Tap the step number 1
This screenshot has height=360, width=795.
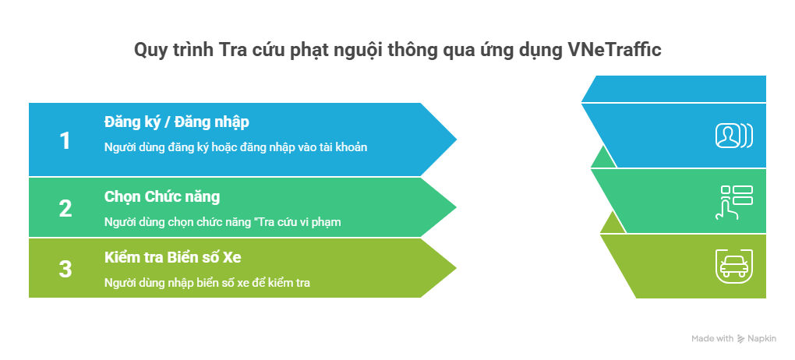point(65,141)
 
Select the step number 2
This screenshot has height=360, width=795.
point(65,208)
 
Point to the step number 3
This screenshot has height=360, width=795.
point(65,270)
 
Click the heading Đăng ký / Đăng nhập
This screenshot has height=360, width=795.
point(176,122)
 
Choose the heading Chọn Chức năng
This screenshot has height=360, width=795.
point(162,196)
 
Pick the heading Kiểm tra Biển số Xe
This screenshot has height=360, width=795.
point(172,258)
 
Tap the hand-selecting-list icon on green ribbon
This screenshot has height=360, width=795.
point(734,203)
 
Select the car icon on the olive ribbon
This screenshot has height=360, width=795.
point(733,266)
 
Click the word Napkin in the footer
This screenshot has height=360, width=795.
point(761,339)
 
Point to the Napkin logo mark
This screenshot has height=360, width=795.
point(740,339)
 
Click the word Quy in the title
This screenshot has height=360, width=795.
point(149,51)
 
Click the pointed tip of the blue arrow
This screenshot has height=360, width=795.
point(456,139)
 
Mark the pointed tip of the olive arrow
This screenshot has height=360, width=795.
point(456,268)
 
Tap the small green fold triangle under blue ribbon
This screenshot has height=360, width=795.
point(604,159)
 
